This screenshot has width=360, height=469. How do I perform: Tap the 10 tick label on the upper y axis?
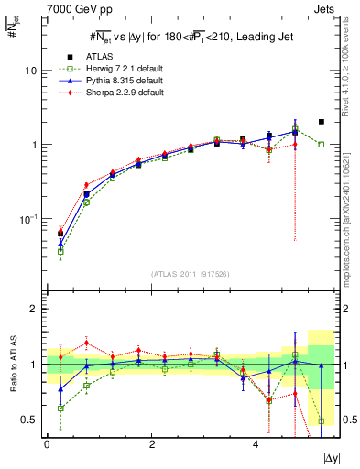pyautogui.click(x=31, y=71)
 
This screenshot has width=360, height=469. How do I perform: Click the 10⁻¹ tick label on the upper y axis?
pyautogui.click(x=29, y=219)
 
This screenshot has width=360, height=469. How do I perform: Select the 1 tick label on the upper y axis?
pyautogui.click(x=34, y=145)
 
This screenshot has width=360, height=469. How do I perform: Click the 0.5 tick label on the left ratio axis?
pyautogui.click(x=29, y=420)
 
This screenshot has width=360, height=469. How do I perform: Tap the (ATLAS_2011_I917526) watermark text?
pyautogui.click(x=190, y=275)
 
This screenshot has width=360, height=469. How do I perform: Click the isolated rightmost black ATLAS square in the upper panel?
pyautogui.click(x=321, y=122)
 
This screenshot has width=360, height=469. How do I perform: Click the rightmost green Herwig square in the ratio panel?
pyautogui.click(x=321, y=420)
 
